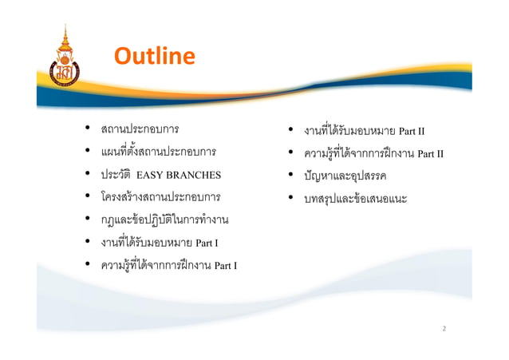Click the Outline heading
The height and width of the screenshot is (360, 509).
click(154, 56)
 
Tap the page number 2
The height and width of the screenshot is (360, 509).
click(444, 328)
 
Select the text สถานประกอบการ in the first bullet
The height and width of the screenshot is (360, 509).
click(139, 129)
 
